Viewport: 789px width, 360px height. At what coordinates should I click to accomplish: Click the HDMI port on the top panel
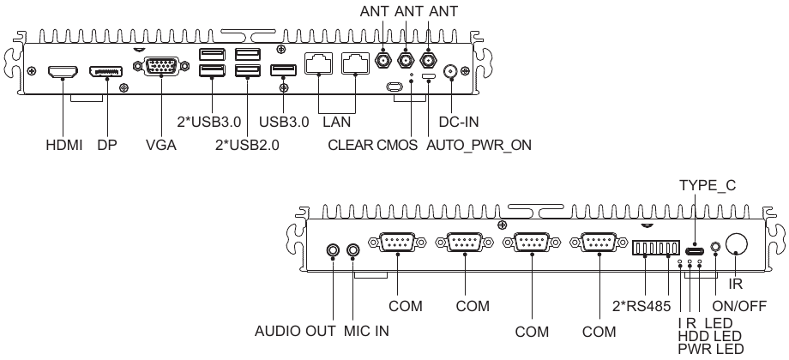coord(63,73)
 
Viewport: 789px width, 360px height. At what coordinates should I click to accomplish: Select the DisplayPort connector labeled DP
coord(105,73)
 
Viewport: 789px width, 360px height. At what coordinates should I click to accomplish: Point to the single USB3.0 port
coord(282,72)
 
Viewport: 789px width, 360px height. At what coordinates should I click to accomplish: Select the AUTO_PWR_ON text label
coord(479,145)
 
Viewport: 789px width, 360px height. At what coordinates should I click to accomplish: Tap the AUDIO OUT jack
coord(334,250)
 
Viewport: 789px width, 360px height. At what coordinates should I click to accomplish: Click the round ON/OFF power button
coord(736,245)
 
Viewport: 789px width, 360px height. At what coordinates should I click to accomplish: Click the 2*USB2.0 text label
coord(246,145)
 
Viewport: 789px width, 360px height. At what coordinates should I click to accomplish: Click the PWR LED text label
coord(710,349)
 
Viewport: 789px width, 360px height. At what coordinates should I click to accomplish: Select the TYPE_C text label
coord(708,184)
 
